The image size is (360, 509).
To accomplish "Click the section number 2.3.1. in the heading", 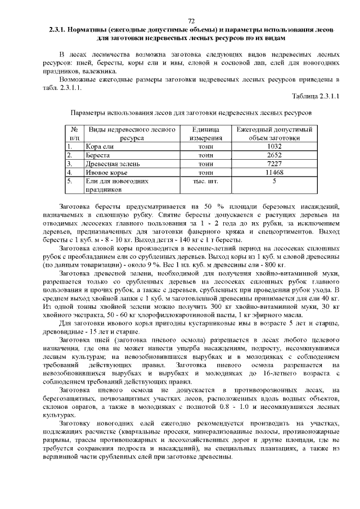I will click(59, 29).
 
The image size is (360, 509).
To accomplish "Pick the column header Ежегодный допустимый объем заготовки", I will click(274, 133).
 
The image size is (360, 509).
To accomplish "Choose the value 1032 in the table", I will click(274, 147).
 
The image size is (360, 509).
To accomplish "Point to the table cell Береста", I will click(98, 155).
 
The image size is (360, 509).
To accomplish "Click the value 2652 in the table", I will click(274, 155).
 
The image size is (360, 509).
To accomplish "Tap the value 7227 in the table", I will click(274, 164).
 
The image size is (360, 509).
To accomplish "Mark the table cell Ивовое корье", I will click(105, 173).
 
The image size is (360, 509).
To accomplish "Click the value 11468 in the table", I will click(274, 173).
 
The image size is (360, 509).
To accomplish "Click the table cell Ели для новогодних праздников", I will click(116, 186).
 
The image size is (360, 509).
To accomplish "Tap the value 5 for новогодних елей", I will click(274, 182).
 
